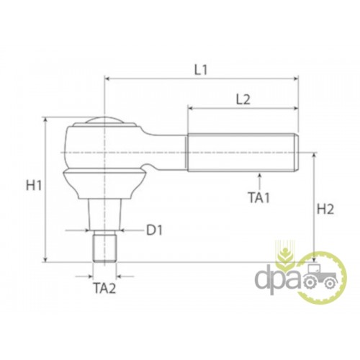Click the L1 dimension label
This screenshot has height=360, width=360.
pyautogui.click(x=201, y=70)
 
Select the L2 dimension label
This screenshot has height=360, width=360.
pyautogui.click(x=243, y=100)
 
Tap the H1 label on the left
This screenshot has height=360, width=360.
pyautogui.click(x=34, y=186)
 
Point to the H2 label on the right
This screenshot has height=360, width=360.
pyautogui.click(x=325, y=210)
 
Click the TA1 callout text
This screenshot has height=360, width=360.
pyautogui.click(x=259, y=198)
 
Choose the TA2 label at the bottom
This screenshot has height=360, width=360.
pyautogui.click(x=104, y=288)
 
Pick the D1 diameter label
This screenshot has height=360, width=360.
pyautogui.click(x=155, y=230)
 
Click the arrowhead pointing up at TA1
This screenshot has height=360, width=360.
pyautogui.click(x=259, y=175)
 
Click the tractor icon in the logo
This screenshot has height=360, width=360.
pyautogui.click(x=320, y=277)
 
